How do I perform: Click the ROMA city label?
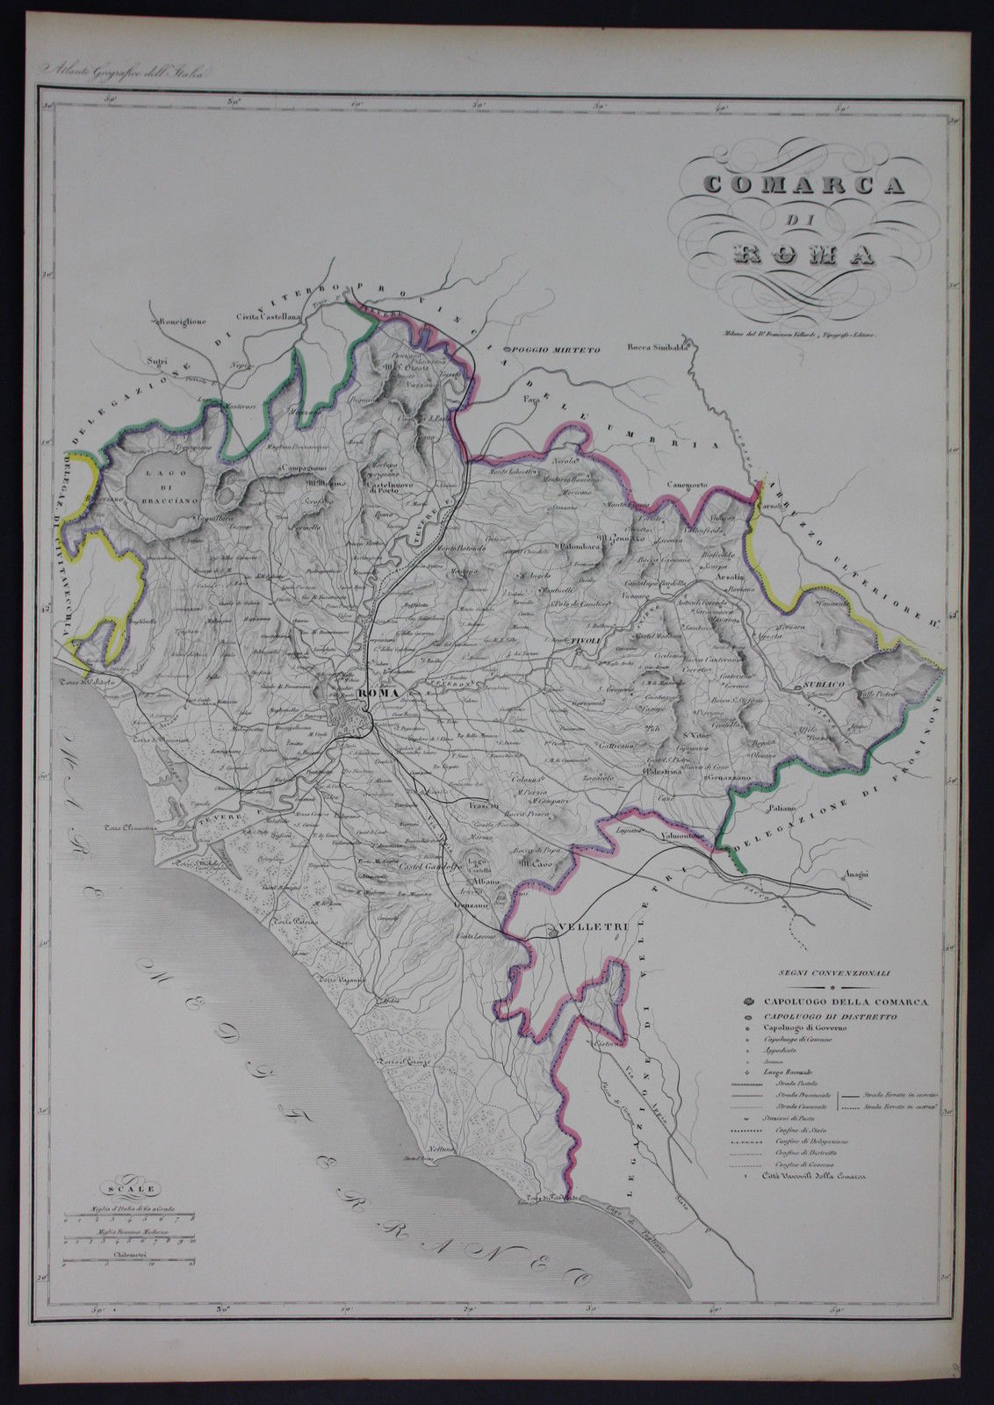[x=378, y=694]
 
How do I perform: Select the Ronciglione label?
[x=183, y=321]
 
